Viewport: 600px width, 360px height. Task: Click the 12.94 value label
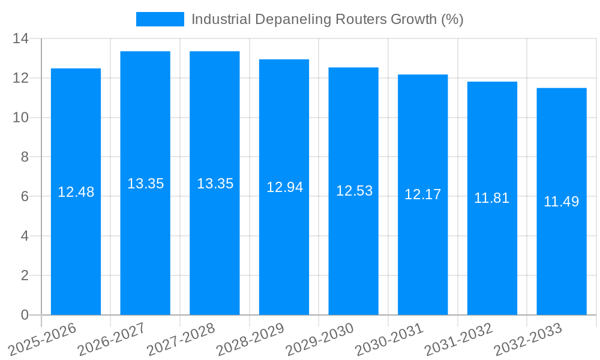click(284, 187)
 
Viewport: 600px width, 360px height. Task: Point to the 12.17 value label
click(422, 194)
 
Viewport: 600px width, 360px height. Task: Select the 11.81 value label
click(491, 198)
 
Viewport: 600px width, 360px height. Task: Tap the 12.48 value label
click(76, 192)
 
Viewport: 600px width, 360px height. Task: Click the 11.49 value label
click(561, 202)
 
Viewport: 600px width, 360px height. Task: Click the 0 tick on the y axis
click(25, 315)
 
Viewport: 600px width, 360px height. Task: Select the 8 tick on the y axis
click(25, 157)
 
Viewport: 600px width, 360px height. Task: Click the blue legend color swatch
click(160, 19)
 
